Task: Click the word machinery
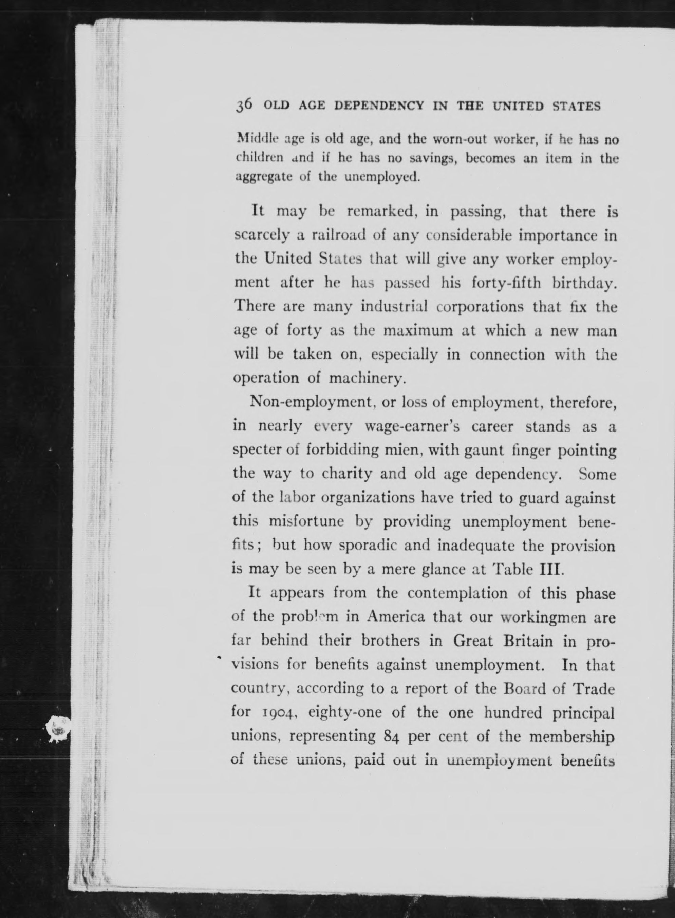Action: pos(367,378)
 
